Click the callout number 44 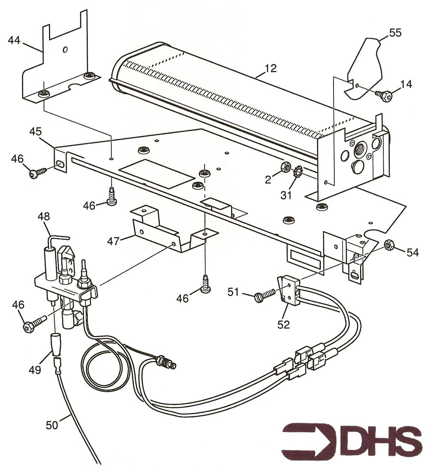(x=14, y=40)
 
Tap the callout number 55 (x=395, y=33)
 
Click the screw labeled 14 (x=383, y=95)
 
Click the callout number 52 (x=284, y=325)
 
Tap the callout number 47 (x=113, y=241)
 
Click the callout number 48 (x=44, y=216)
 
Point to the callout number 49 (x=35, y=370)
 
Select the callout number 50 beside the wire (x=52, y=425)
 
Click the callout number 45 (x=35, y=131)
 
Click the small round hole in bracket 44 (x=65, y=50)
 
